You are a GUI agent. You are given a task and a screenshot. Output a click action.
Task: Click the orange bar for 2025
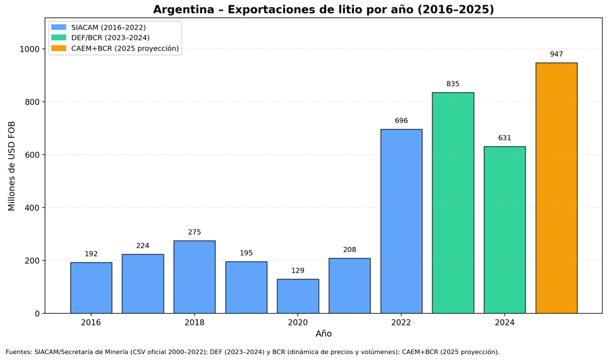[x=556, y=188]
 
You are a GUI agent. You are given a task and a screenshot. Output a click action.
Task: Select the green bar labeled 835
[x=453, y=203]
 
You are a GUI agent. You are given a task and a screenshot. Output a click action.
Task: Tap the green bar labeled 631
[x=505, y=230]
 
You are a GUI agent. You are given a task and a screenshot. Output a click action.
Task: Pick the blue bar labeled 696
[x=401, y=221]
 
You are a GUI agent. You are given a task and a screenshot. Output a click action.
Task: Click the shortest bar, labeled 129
[x=298, y=296]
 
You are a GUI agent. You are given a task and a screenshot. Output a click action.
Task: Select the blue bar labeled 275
[x=195, y=277]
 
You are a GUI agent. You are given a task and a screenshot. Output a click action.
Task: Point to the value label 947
[x=556, y=55]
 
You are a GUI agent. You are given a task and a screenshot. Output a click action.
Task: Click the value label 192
[x=91, y=254]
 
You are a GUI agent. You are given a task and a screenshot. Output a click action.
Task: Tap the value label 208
[x=350, y=250]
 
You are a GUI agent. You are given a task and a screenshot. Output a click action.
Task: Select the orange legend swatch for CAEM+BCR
[x=59, y=49]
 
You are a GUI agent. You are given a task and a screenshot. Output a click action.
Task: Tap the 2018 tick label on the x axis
[x=195, y=323]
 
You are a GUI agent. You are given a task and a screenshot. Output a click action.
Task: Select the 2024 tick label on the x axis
[x=505, y=323]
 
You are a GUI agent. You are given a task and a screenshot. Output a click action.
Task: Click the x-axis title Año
[x=324, y=334]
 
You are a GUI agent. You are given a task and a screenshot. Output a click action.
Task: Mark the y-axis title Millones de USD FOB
[x=12, y=166]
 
